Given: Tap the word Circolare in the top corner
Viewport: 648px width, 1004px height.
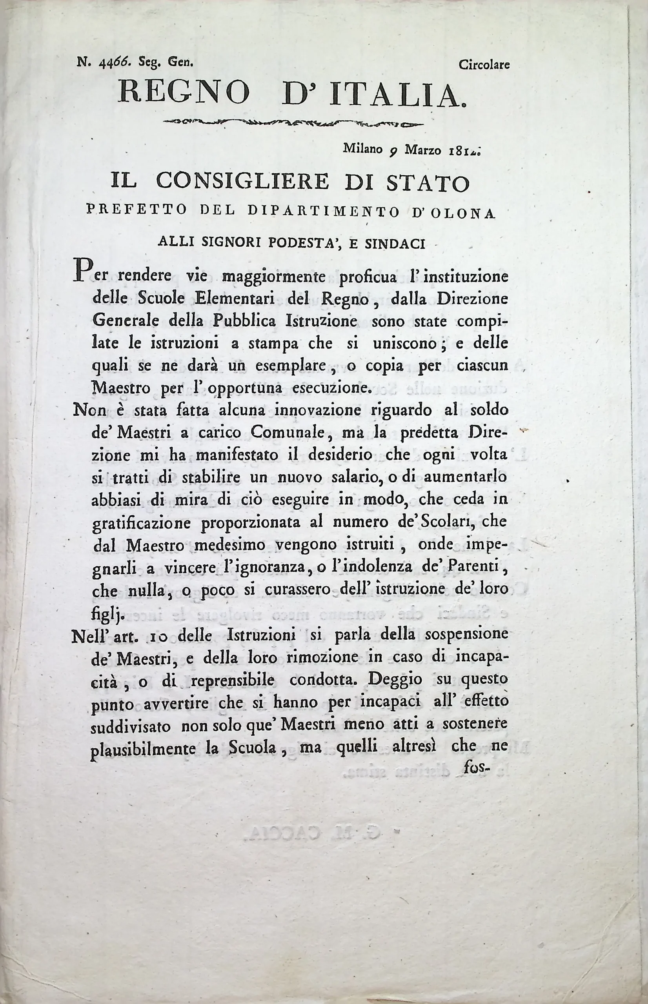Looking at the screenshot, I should click(x=484, y=65).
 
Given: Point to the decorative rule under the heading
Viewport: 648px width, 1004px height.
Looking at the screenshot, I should click(x=293, y=123).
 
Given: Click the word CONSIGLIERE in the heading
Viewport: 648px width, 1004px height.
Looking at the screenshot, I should click(x=242, y=182).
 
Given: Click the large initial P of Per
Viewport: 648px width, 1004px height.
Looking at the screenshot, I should click(x=82, y=271).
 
